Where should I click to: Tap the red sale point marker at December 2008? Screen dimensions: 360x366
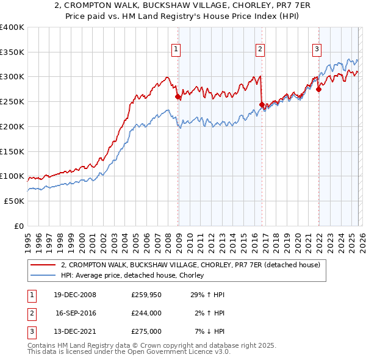click(178, 96)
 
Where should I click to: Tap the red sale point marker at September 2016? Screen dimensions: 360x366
click(262, 104)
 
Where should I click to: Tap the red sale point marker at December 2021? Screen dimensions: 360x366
click(318, 89)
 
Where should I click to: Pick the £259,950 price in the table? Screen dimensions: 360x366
click(146, 295)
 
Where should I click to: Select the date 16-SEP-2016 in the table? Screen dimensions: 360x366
click(76, 313)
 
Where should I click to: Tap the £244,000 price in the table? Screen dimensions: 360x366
click(146, 313)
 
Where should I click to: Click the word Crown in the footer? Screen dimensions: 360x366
click(131, 345)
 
